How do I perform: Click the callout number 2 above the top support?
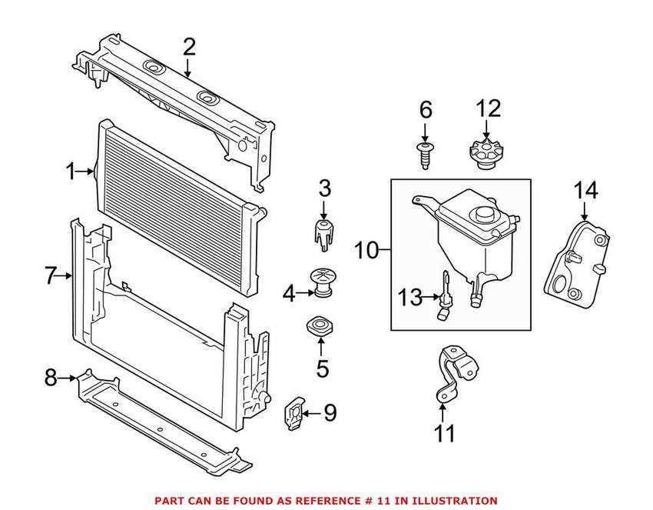(189, 47)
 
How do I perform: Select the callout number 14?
(585, 190)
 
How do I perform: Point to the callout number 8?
(51, 378)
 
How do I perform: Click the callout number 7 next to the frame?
(51, 275)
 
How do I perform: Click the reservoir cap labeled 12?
(485, 152)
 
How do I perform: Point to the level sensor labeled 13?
(444, 296)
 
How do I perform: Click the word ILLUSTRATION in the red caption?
(454, 500)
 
